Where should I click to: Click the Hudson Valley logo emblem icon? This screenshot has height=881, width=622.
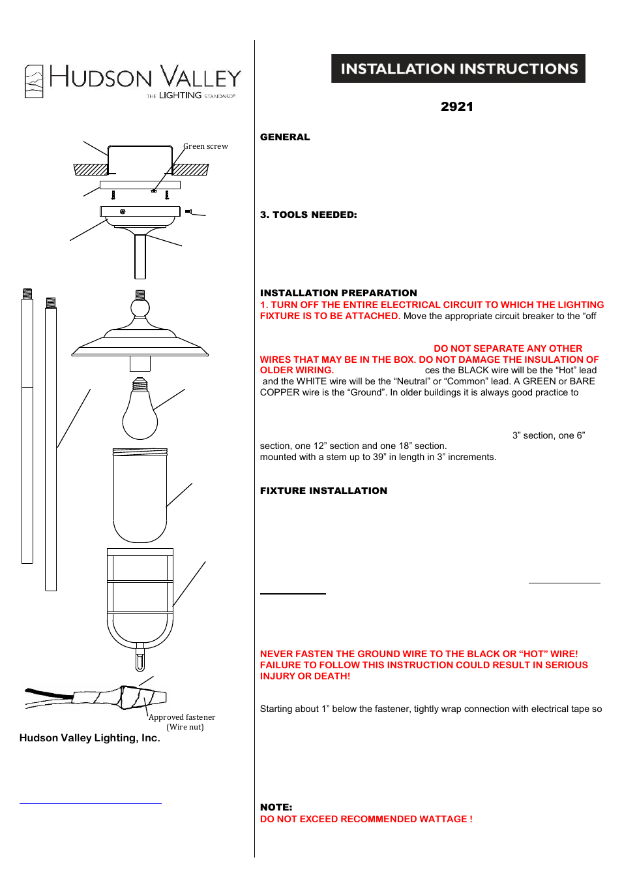click(34, 82)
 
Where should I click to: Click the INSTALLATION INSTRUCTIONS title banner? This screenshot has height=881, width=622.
click(458, 69)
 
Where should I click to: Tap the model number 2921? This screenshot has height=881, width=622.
click(456, 106)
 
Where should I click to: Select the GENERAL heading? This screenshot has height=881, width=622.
click(285, 137)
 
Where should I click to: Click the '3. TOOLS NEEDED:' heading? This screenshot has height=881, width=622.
click(308, 215)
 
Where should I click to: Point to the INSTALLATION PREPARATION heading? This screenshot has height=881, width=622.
click(338, 293)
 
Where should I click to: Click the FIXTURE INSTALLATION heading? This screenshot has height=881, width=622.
click(323, 491)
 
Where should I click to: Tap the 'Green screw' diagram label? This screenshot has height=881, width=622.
click(206, 146)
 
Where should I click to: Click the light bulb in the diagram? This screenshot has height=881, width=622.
click(140, 414)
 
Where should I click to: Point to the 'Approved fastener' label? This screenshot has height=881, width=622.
click(182, 717)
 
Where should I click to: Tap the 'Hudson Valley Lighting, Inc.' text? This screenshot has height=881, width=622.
click(90, 738)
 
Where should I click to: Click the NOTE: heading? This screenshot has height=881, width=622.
click(276, 807)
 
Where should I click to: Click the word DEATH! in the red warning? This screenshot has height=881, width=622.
click(333, 676)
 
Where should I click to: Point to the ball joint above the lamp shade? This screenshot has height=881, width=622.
click(140, 307)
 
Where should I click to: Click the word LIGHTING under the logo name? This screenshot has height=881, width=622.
click(181, 95)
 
